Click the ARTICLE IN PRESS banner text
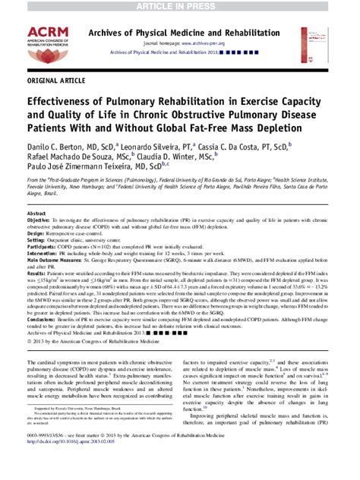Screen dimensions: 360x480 180,7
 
